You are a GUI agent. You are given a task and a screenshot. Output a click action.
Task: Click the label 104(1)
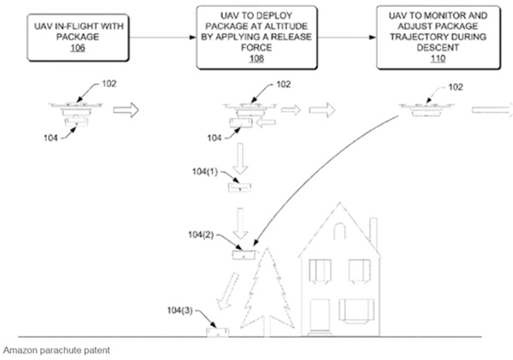point(207,172)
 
